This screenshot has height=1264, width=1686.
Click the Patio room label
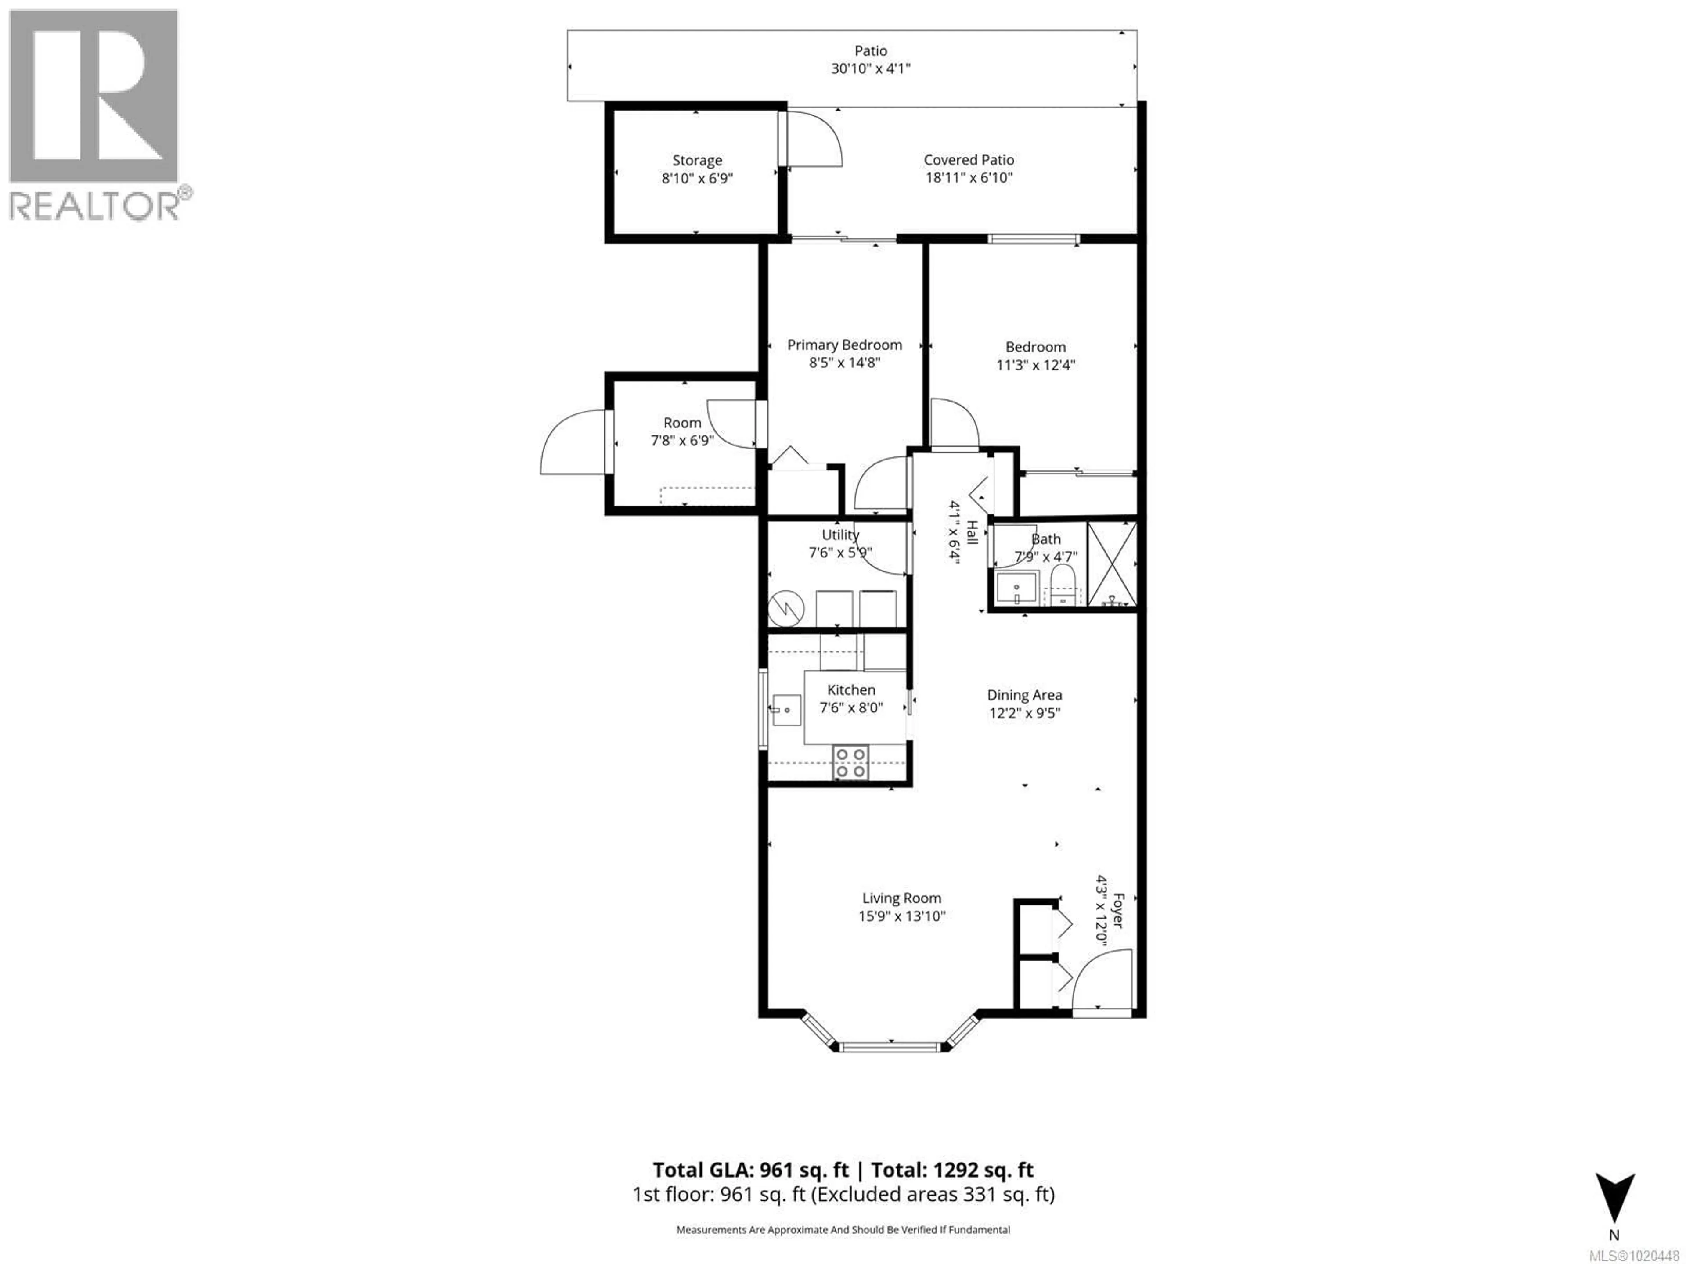[870, 50]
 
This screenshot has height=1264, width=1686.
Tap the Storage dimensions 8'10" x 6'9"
[697, 178]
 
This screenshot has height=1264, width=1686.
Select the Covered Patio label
[969, 160]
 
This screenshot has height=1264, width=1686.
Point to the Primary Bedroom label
[844, 345]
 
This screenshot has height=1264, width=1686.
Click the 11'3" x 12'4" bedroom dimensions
[1035, 365]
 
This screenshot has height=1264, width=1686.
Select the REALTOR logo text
[95, 206]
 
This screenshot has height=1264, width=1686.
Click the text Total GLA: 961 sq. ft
[750, 1170]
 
